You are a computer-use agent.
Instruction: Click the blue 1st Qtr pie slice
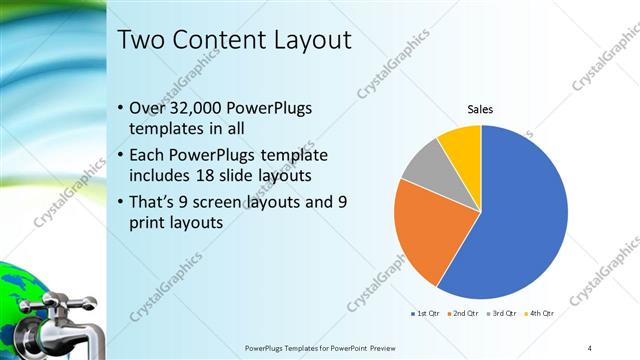[x=520, y=220]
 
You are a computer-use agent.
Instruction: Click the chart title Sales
[x=482, y=110]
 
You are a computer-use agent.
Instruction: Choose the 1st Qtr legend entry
[x=425, y=314]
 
